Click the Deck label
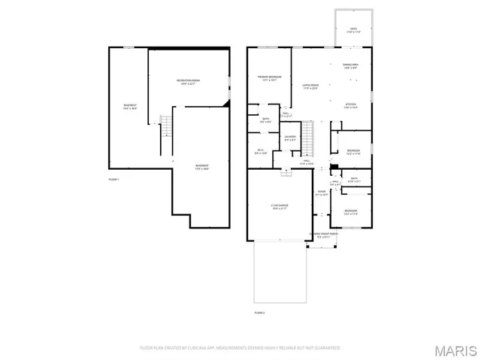pyautogui.click(x=354, y=31)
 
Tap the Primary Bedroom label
pyautogui.click(x=270, y=77)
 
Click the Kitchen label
pyautogui.click(x=351, y=105)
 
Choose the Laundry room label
pyautogui.click(x=291, y=138)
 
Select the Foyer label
pyautogui.click(x=322, y=194)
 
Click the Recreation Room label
pyautogui.click(x=188, y=82)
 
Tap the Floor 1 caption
pyautogui.click(x=114, y=179)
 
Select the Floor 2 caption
pyautogui.click(x=260, y=310)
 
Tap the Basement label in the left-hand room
pyautogui.click(x=130, y=107)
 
